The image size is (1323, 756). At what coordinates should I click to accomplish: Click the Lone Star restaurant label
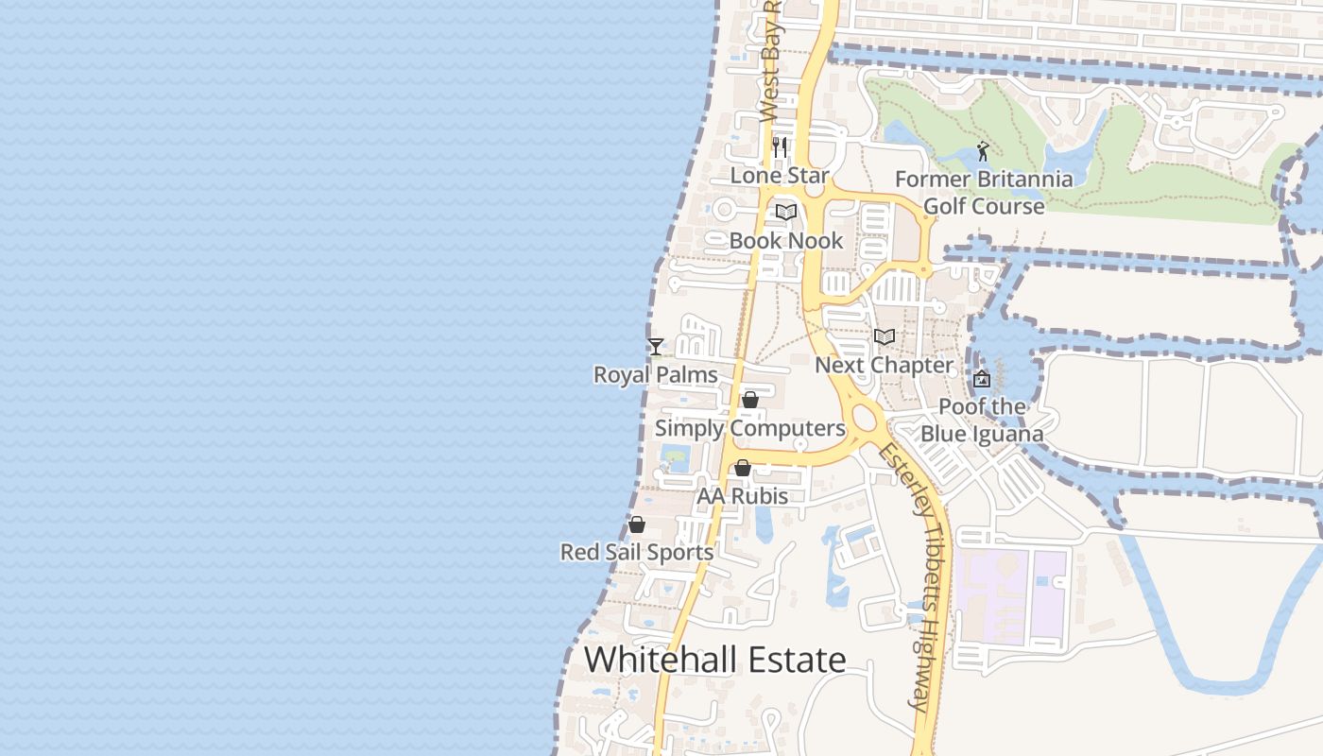click(780, 176)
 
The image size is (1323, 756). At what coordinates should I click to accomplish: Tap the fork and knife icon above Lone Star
click(780, 146)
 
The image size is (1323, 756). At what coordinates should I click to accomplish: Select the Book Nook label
click(785, 241)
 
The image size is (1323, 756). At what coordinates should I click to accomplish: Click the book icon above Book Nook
click(786, 212)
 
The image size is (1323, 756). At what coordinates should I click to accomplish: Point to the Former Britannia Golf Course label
click(984, 193)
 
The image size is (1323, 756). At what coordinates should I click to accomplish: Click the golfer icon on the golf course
click(984, 150)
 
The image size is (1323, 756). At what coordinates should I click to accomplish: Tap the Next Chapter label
click(884, 366)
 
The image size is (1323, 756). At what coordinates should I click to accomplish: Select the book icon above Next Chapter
click(885, 336)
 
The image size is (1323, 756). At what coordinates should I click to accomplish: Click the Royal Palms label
click(655, 375)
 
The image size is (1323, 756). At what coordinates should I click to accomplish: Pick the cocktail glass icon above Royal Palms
click(656, 346)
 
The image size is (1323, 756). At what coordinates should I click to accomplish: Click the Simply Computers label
click(750, 429)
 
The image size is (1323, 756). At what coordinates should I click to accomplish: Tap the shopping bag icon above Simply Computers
click(750, 400)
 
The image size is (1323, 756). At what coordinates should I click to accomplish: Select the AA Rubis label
click(742, 496)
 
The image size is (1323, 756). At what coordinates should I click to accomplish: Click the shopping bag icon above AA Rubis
click(743, 468)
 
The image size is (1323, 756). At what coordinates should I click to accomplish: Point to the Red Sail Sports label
click(637, 553)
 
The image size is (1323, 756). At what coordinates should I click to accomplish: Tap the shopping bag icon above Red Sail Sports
click(637, 524)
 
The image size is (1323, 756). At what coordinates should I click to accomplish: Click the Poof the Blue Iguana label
click(983, 421)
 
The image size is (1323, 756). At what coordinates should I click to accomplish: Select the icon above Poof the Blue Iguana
click(982, 379)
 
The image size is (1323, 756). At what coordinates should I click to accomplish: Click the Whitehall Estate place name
click(715, 660)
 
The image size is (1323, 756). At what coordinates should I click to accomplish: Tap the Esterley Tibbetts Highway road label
click(908, 576)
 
